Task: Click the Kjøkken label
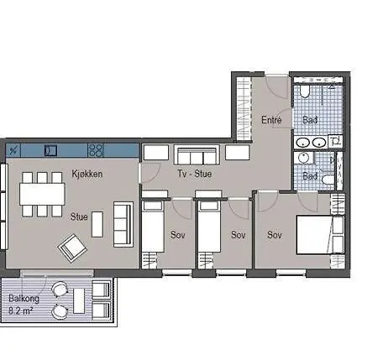pyautogui.click(x=87, y=174)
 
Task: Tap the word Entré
pyautogui.click(x=271, y=120)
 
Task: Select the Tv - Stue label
pyautogui.click(x=195, y=174)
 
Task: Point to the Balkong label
pyautogui.click(x=24, y=299)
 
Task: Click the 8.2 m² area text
pyautogui.click(x=21, y=310)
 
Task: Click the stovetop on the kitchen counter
pyautogui.click(x=96, y=150)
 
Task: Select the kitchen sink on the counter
pyautogui.click(x=50, y=150)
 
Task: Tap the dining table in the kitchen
pyautogui.click(x=42, y=194)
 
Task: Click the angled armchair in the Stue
pyautogui.click(x=72, y=248)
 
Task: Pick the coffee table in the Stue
pyautogui.click(x=97, y=224)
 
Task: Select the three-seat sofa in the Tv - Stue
pyautogui.click(x=197, y=154)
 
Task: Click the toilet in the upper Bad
pyautogui.click(x=305, y=91)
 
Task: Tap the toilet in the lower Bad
pyautogui.click(x=328, y=180)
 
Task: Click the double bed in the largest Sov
pyautogui.click(x=320, y=235)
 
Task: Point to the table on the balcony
pyautogui.click(x=79, y=301)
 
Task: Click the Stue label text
pyautogui.click(x=79, y=217)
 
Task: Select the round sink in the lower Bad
pyautogui.click(x=303, y=158)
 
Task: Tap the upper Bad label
pyautogui.click(x=310, y=120)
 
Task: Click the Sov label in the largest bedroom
pyautogui.click(x=275, y=235)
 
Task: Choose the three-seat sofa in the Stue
pyautogui.click(x=123, y=224)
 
